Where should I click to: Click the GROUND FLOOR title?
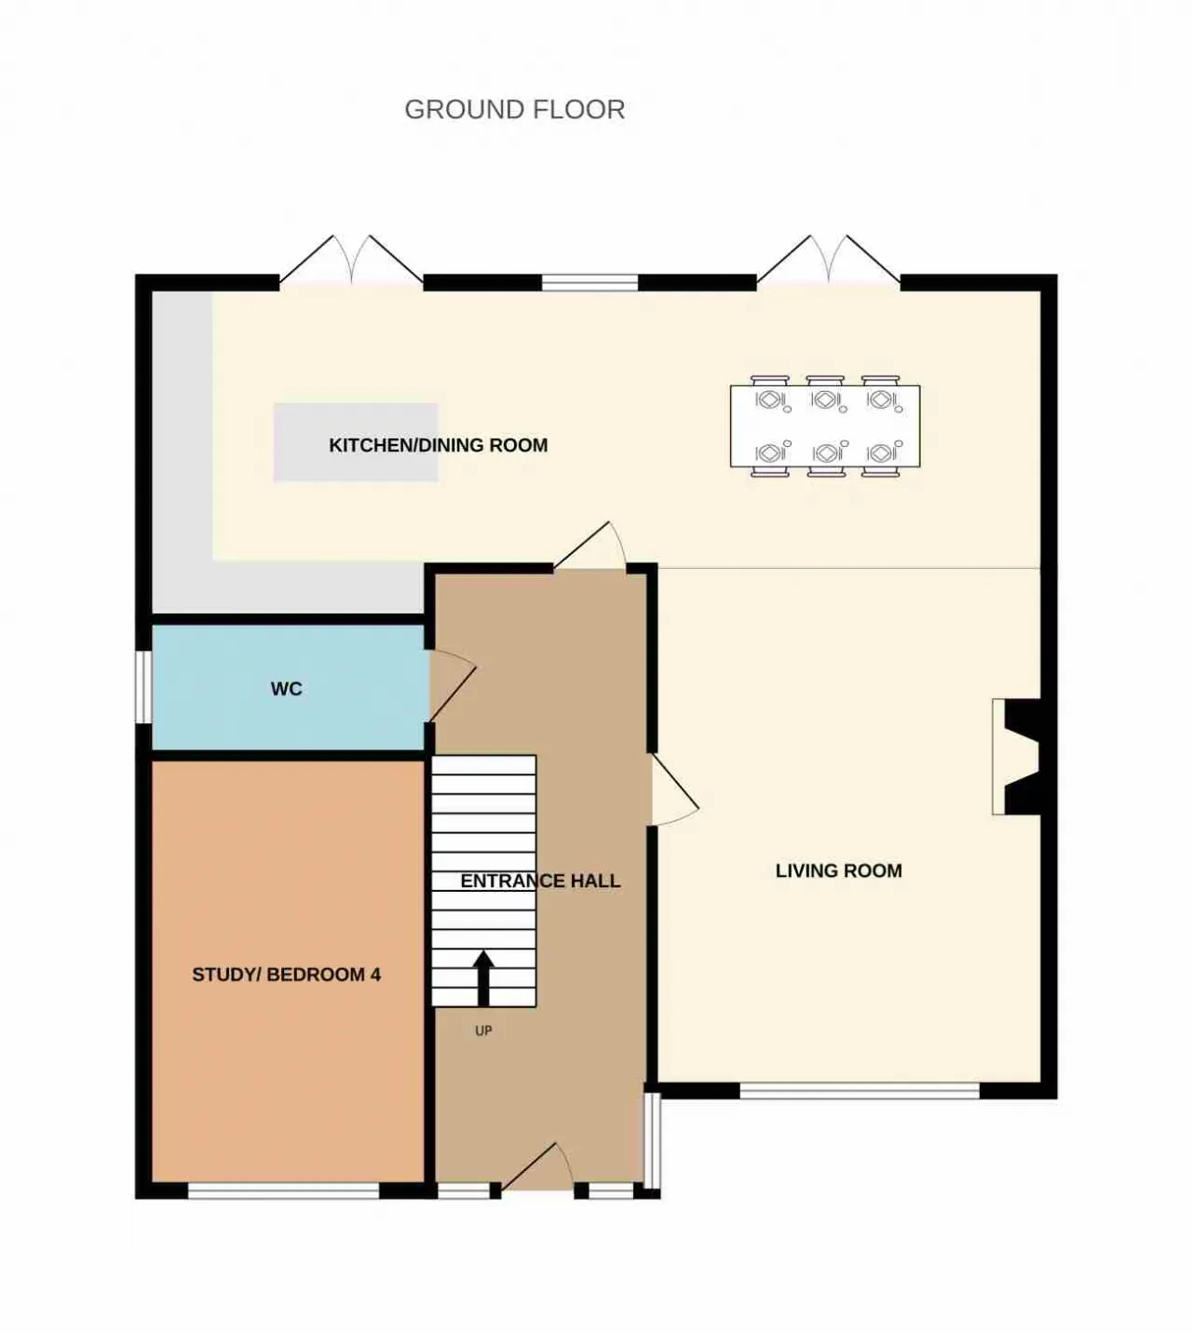point(514,109)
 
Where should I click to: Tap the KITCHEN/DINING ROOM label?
point(438,445)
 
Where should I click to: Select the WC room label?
point(287,689)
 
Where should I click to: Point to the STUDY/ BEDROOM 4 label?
point(287,975)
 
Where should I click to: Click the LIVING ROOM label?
point(838,870)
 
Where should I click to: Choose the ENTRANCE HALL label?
point(540,881)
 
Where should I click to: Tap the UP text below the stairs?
point(483,1031)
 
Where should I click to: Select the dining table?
point(825,426)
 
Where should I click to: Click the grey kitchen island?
point(356,442)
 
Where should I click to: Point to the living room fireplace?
point(1016,757)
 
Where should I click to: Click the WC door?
point(452,685)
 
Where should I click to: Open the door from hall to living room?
point(674,790)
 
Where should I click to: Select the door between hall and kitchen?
point(589,546)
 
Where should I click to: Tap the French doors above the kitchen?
point(351,260)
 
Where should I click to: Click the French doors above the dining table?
point(829,260)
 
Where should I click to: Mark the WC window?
point(143,687)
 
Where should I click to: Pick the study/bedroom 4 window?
point(284,1191)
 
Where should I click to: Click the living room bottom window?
point(860,1091)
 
